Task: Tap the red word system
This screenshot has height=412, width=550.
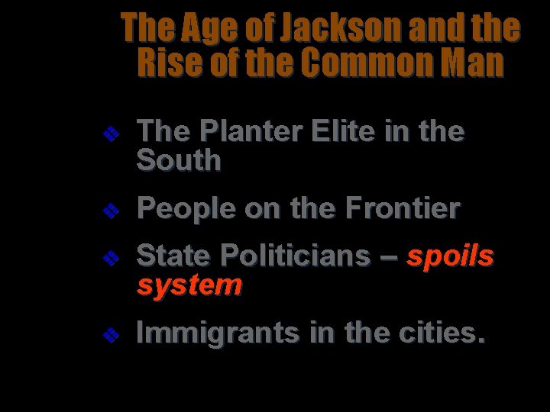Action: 189,285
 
